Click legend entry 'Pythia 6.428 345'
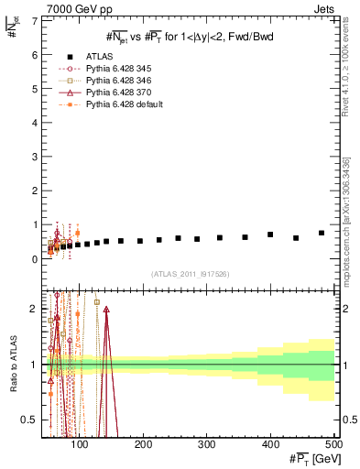pos(117,68)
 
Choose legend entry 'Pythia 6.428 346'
pos(117,81)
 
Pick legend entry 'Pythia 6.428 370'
pos(117,93)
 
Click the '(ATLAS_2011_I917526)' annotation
pos(190,274)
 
